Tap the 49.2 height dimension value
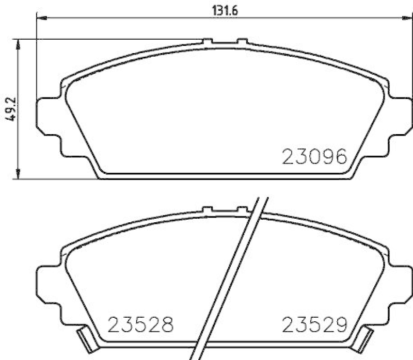[x=9, y=109]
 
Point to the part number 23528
[x=140, y=325]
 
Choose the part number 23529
[x=314, y=325]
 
